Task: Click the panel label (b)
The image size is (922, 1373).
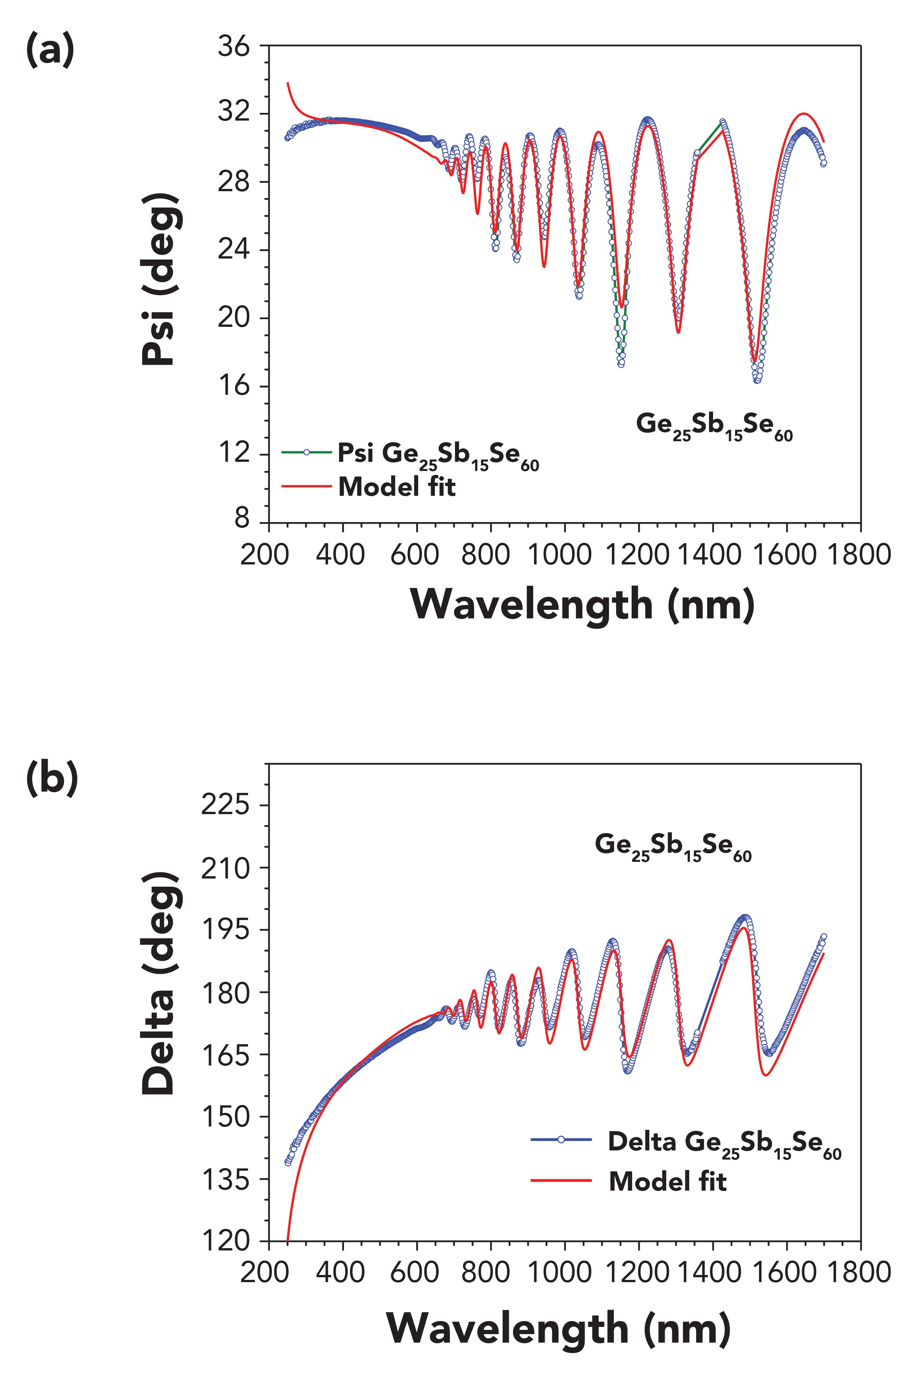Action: coord(52,779)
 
